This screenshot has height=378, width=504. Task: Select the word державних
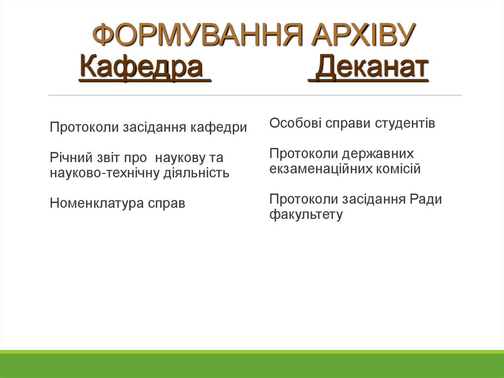pyautogui.click(x=379, y=153)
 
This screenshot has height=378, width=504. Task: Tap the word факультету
pyautogui.click(x=306, y=215)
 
